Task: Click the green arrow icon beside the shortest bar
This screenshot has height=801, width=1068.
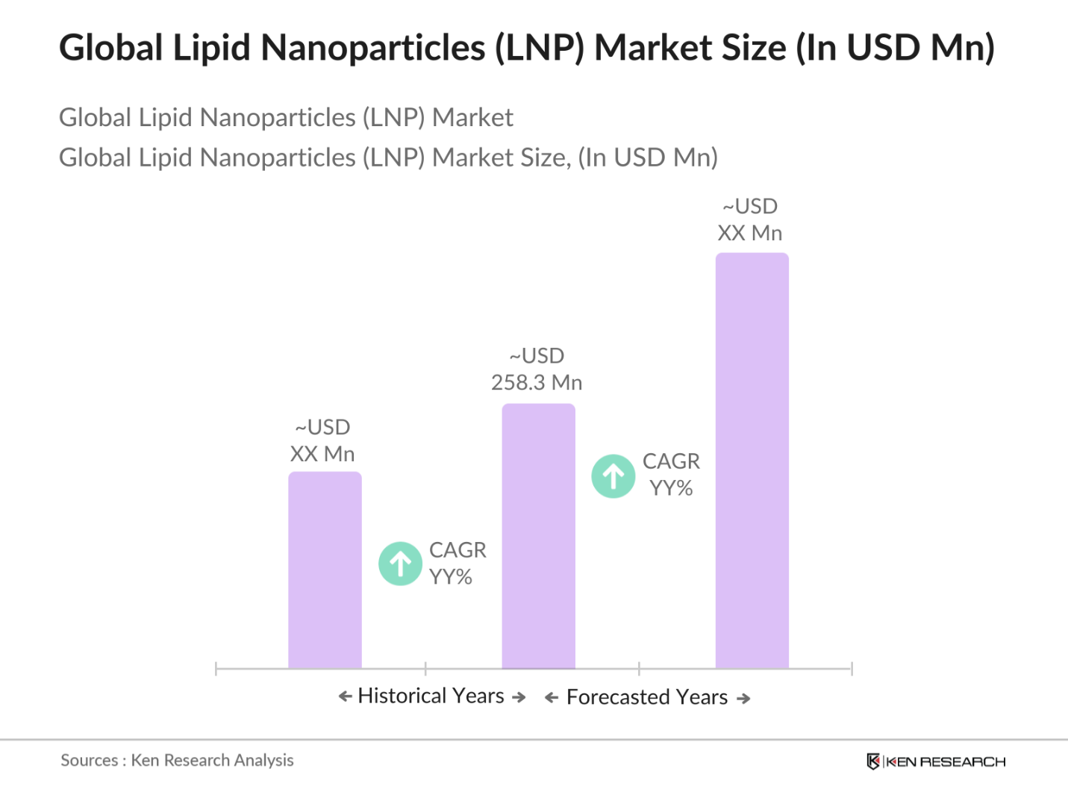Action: pyautogui.click(x=401, y=564)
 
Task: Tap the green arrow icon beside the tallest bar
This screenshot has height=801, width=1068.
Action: pyautogui.click(x=613, y=476)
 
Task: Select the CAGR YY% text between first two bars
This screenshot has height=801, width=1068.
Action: pyautogui.click(x=457, y=564)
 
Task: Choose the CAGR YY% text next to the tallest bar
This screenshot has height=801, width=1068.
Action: pyautogui.click(x=671, y=475)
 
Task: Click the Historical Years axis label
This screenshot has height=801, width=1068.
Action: pyautogui.click(x=431, y=696)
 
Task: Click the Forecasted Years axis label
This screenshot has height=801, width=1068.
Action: pyautogui.click(x=647, y=697)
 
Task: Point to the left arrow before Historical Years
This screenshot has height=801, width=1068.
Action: pyautogui.click(x=345, y=696)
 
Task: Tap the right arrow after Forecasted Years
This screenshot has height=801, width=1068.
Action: pyautogui.click(x=743, y=699)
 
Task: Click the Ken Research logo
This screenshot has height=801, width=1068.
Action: pyautogui.click(x=936, y=761)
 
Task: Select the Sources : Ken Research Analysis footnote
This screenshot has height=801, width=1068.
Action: pyautogui.click(x=177, y=761)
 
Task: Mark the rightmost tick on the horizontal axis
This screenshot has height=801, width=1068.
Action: pyautogui.click(x=852, y=669)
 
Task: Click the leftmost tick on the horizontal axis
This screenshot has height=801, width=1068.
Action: pyautogui.click(x=216, y=669)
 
